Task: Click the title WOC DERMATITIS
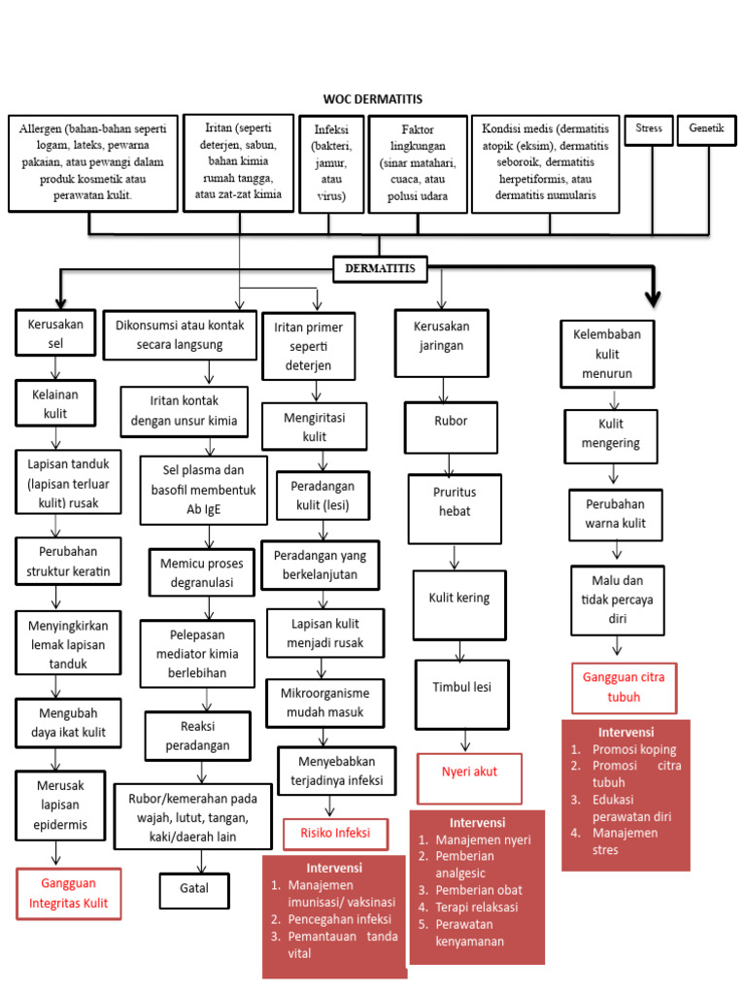point(373,99)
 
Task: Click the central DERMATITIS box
point(379,269)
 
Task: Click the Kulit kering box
point(459,599)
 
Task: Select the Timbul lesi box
point(462,687)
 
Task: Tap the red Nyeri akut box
point(469,772)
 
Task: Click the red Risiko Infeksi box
point(333,834)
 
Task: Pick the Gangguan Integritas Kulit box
point(68,894)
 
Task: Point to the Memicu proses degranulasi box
point(202,573)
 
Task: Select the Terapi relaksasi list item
point(477,907)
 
